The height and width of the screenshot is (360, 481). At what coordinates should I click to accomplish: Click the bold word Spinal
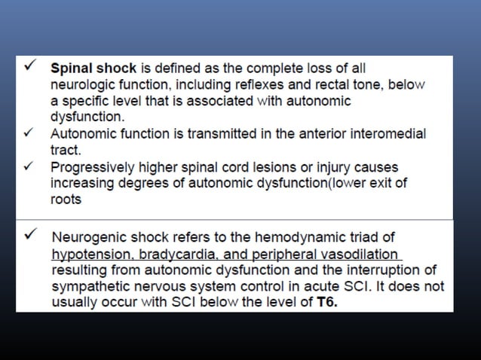tap(69, 68)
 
